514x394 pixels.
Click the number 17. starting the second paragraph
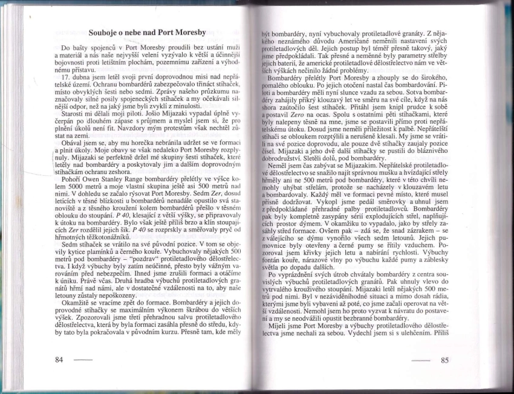tap(68, 77)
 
